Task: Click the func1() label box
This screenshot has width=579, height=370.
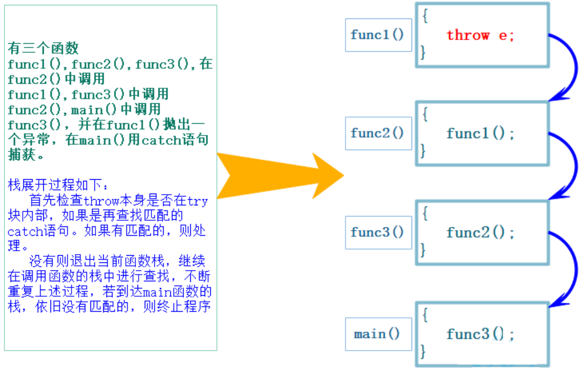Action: click(x=378, y=35)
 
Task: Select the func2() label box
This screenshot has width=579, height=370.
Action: click(x=378, y=133)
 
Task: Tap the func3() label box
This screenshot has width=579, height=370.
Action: click(x=378, y=232)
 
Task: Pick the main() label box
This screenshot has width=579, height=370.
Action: click(x=378, y=334)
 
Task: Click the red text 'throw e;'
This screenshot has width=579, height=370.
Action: click(x=480, y=36)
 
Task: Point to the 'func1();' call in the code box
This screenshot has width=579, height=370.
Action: click(x=480, y=134)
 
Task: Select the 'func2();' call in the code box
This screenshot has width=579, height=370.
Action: click(x=480, y=232)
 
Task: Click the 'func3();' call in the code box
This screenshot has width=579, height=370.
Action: click(x=480, y=334)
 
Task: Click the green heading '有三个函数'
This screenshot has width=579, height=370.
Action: click(x=43, y=48)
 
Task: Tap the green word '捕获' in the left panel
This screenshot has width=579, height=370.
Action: click(x=20, y=155)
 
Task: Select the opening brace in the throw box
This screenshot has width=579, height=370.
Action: click(x=425, y=16)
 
